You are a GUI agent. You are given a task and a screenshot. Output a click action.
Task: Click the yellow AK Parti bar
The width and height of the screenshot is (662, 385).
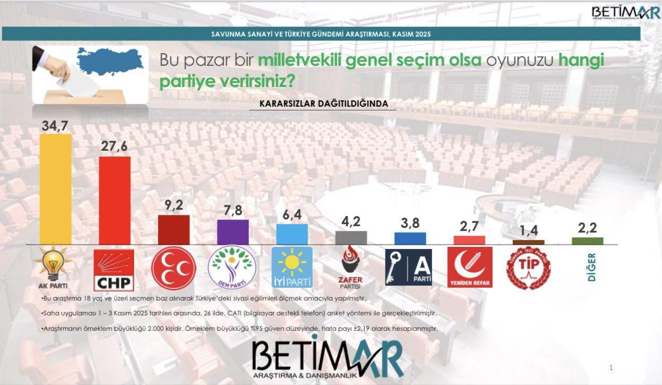pos(56,189)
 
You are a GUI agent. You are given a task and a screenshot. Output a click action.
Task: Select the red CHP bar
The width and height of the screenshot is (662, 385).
pos(115,200)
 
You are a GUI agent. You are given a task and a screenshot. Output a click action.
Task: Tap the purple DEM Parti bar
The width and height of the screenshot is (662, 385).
pos(233,232)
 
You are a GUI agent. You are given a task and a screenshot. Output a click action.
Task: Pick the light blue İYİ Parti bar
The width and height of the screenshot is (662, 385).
pos(292,234)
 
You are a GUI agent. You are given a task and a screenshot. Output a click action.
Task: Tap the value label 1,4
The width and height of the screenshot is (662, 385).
pos(528,231)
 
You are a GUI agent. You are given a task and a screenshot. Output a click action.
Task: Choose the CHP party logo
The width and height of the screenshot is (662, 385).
pos(114,270)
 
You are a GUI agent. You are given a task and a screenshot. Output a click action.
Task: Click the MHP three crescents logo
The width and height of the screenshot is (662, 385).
pos(174,268)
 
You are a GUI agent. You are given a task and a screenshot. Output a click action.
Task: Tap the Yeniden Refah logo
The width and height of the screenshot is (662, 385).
pos(469,267)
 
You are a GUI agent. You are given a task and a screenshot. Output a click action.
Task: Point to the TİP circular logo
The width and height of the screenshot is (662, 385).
pos(528,268)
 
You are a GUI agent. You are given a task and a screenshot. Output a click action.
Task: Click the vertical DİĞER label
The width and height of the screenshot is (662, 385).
pos(588,267)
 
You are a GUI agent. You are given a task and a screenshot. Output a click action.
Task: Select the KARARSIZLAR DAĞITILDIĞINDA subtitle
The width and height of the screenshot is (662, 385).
pos(323,103)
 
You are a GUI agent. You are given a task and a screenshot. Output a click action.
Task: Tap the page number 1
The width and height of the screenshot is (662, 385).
pos(612,367)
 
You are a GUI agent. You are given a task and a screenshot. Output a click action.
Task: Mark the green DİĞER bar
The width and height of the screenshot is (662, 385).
pos(588,241)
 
